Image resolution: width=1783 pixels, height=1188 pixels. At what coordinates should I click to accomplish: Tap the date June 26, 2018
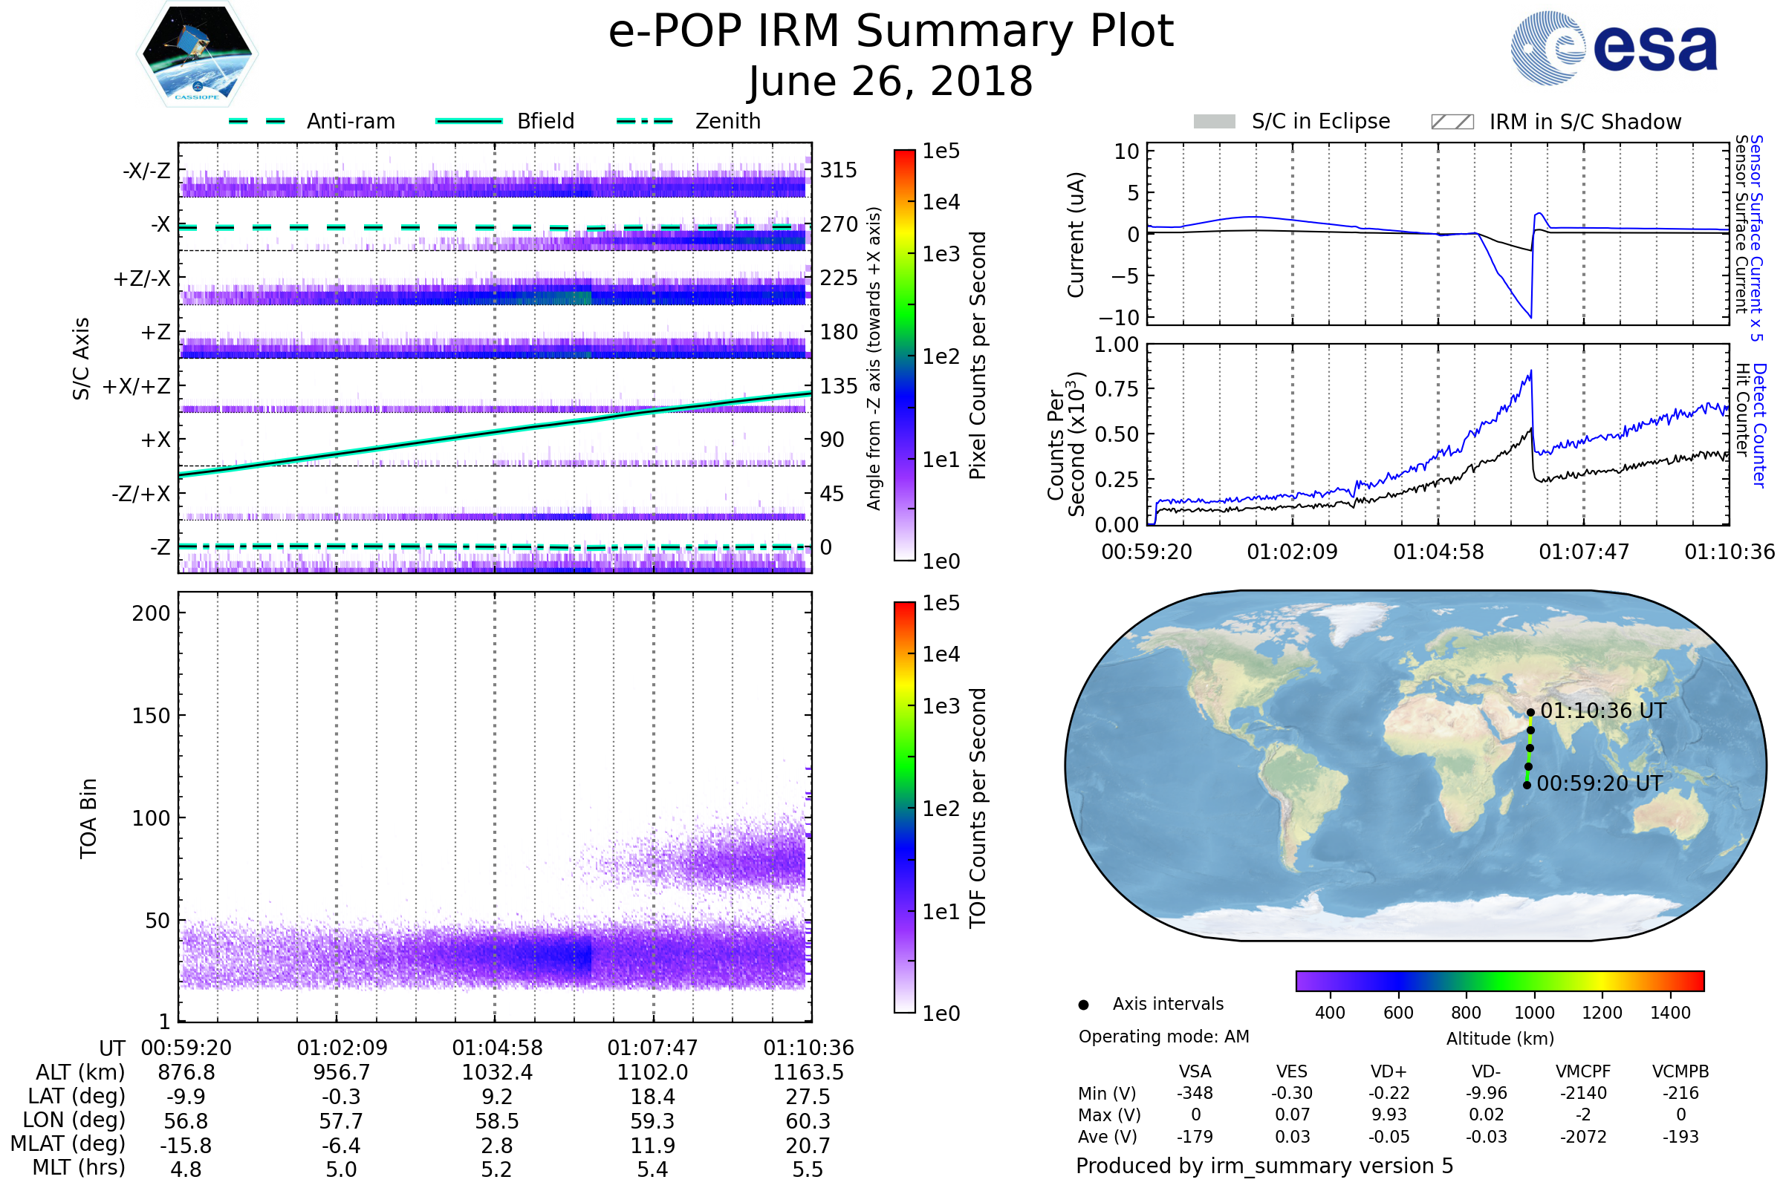[890, 82]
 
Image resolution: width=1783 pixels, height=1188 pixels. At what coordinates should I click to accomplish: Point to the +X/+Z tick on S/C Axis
[137, 386]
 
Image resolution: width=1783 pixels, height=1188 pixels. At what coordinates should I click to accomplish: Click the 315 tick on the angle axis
[838, 170]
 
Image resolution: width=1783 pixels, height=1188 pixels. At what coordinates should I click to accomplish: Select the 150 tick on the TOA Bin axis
[151, 715]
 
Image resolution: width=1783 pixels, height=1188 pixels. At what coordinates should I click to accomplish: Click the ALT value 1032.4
[497, 1072]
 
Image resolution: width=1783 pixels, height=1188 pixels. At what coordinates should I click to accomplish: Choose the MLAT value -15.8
[186, 1145]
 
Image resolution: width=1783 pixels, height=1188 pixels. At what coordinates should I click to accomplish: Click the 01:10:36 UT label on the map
[1602, 711]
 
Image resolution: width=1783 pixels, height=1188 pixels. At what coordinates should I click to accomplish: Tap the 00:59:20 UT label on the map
[1599, 783]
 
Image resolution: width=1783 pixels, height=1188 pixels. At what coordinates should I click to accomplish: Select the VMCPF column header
[1583, 1071]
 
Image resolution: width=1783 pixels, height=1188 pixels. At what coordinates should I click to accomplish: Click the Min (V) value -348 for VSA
[1195, 1093]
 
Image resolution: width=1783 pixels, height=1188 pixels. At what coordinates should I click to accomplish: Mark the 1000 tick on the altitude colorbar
[1534, 1013]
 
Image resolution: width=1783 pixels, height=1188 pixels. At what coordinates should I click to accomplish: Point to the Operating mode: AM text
[1163, 1037]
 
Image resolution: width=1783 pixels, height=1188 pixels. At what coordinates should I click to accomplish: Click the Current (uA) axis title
[1076, 235]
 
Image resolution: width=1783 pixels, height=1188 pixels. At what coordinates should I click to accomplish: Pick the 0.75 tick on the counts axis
[1116, 389]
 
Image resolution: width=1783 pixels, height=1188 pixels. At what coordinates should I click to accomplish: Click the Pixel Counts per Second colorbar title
[978, 355]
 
